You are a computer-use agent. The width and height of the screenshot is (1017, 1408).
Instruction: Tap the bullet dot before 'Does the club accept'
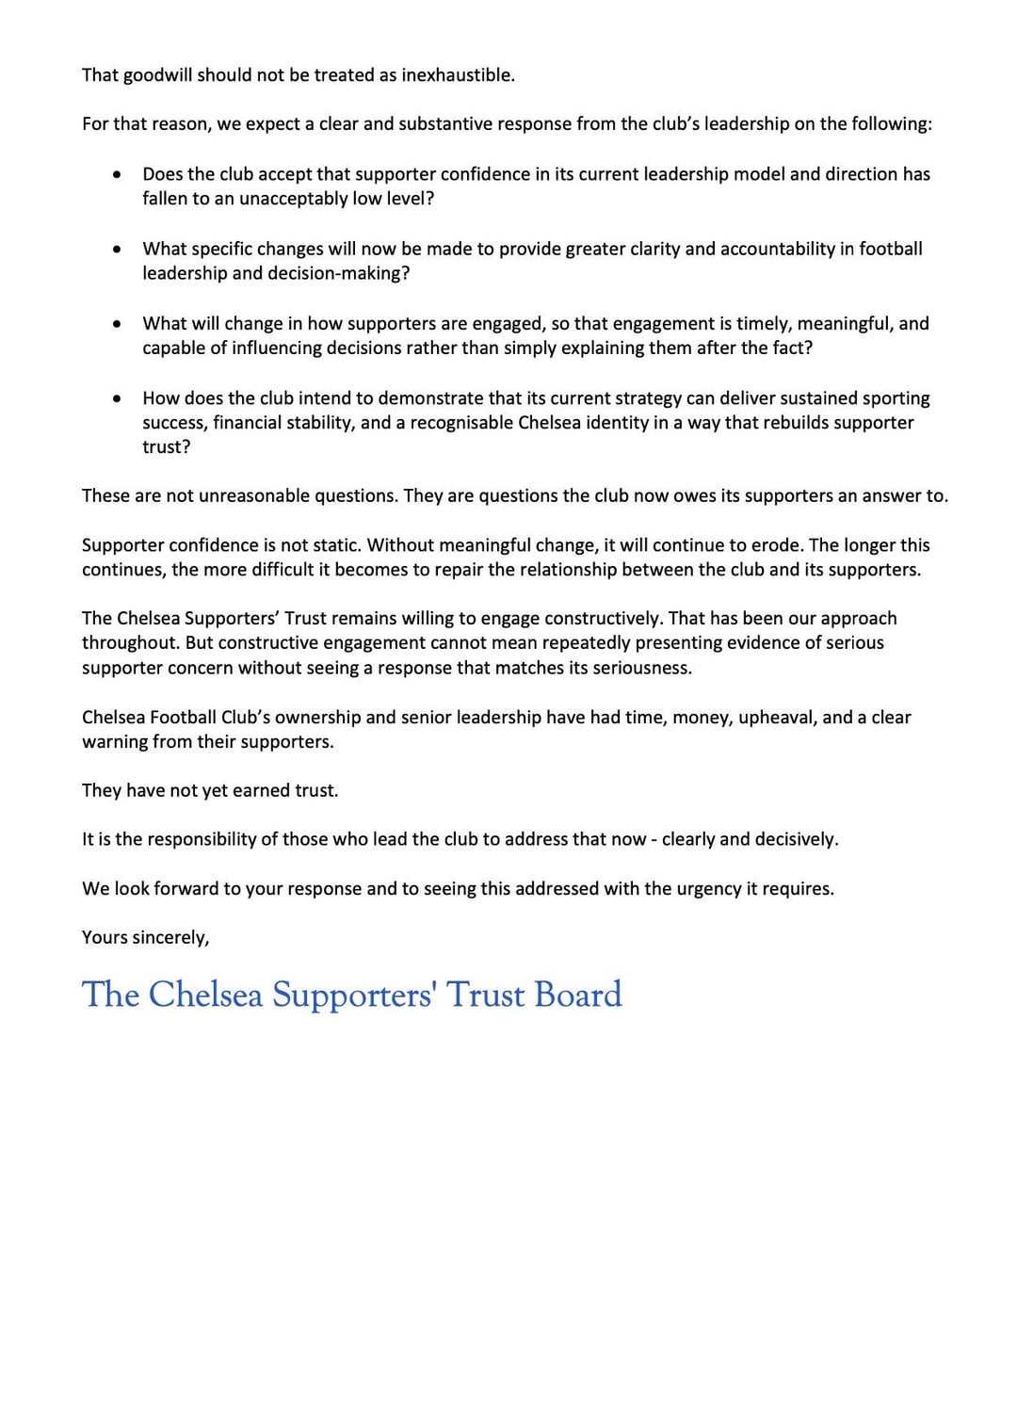click(x=117, y=175)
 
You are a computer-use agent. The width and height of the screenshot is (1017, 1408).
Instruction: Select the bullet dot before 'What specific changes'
click(x=117, y=250)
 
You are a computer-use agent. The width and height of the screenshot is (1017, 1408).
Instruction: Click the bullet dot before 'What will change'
click(x=117, y=324)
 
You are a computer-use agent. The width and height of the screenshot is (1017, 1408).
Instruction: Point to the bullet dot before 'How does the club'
click(x=117, y=399)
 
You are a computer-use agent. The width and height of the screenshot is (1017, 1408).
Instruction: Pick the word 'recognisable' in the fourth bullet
click(x=461, y=423)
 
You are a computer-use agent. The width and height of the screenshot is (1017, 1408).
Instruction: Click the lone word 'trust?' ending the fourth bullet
click(x=166, y=447)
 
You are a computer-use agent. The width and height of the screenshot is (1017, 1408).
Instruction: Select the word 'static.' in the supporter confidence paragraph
click(x=332, y=545)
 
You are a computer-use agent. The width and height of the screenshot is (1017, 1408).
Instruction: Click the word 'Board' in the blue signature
click(x=578, y=995)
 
